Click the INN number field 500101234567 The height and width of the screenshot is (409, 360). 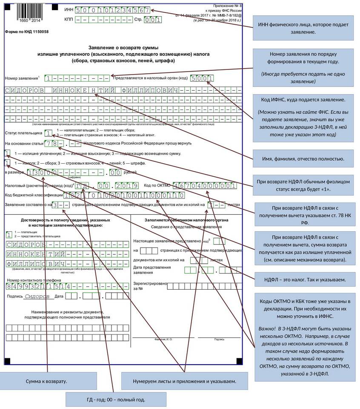(x=113, y=10)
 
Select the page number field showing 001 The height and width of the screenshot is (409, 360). (x=152, y=20)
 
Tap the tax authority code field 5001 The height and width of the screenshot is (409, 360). (x=202, y=78)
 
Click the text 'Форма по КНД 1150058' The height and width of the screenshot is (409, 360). (x=26, y=32)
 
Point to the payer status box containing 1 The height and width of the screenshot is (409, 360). (x=49, y=133)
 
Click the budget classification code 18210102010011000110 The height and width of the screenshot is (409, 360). (x=124, y=196)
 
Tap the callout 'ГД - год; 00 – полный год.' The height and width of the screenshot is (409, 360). (x=116, y=400)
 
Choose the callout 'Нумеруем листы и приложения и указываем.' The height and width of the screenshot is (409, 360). (x=184, y=380)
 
